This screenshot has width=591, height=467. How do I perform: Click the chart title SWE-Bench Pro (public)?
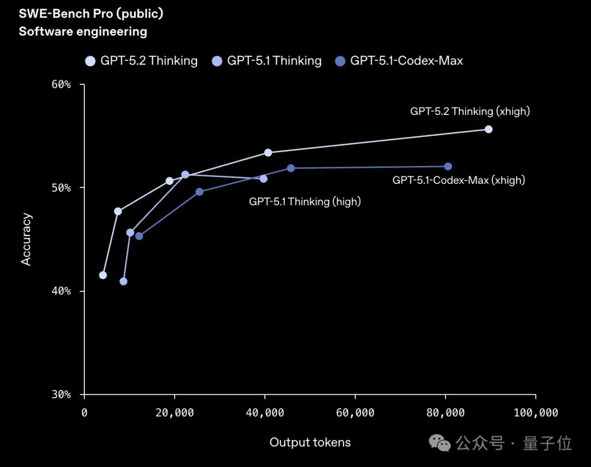pos(91,14)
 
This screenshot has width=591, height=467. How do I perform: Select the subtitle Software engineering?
pos(83,32)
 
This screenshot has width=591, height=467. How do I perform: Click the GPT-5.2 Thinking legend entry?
pos(142,61)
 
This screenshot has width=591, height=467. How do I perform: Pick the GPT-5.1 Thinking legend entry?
pos(267,61)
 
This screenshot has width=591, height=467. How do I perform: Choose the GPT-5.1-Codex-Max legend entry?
pos(399,61)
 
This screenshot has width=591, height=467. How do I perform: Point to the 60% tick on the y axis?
pos(61,85)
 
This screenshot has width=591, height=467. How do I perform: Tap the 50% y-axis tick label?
pos(61,188)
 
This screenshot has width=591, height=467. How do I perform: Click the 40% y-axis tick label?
pos(61,291)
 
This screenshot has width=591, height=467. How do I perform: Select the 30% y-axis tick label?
pos(61,394)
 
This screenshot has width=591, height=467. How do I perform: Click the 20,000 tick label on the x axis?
pos(175,413)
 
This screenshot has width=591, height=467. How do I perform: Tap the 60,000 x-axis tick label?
pos(355,413)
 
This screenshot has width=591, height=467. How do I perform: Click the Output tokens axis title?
pos(310,442)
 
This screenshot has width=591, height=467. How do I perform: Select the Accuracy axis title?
pos(26,239)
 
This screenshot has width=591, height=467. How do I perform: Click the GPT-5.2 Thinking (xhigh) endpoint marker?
pos(489,129)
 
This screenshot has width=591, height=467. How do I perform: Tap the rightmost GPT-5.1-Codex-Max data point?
pos(448,166)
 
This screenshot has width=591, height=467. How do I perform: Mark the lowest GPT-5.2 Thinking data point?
pos(103,275)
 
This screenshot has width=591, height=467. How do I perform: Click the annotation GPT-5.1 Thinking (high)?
pos(305,201)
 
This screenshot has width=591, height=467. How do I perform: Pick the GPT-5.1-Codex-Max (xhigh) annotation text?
pos(459,180)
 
